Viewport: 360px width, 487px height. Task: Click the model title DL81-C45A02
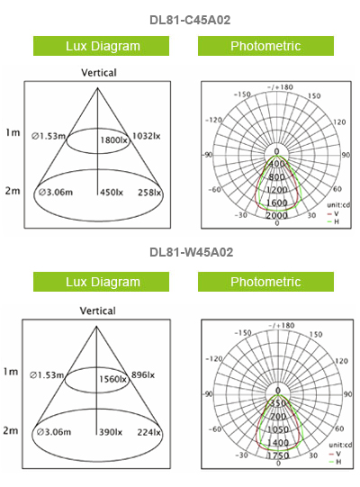[190, 20]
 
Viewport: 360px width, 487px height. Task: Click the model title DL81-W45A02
[191, 252]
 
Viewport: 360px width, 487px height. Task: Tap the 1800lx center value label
[113, 140]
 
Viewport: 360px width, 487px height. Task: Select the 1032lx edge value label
[147, 136]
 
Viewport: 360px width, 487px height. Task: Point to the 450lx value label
[112, 193]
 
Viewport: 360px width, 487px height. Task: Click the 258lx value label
[149, 193]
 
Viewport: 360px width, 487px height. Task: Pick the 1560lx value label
[112, 379]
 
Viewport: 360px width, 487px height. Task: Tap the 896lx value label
[143, 375]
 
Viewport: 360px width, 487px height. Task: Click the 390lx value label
[111, 432]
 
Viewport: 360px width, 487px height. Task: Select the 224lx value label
[149, 432]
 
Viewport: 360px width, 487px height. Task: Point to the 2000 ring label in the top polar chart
[277, 215]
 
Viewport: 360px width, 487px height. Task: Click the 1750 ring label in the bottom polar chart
[278, 455]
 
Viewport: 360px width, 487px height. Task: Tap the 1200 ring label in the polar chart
[277, 189]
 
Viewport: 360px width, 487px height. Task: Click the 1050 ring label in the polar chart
[278, 429]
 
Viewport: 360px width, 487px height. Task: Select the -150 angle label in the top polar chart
[242, 95]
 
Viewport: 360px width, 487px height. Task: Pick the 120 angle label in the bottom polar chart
[341, 361]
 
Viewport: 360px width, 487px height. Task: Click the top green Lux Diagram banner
[102, 46]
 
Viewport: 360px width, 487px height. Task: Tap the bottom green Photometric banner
[265, 282]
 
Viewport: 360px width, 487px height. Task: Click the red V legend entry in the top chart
[333, 213]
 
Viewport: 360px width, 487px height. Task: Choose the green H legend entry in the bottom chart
[335, 462]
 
